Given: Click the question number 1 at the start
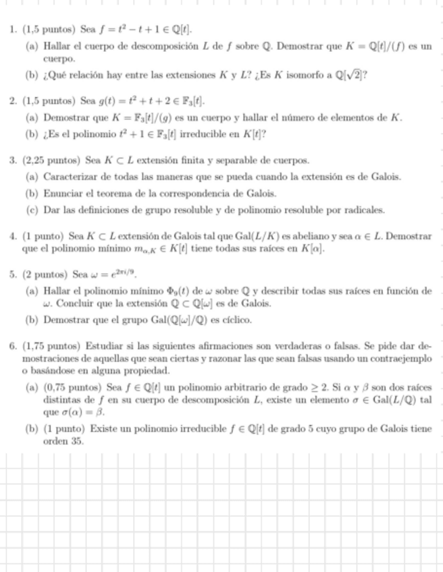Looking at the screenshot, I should (13, 30).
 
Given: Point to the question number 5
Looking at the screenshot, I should (13, 275).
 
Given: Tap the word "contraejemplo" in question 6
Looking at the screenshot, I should (402, 359).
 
